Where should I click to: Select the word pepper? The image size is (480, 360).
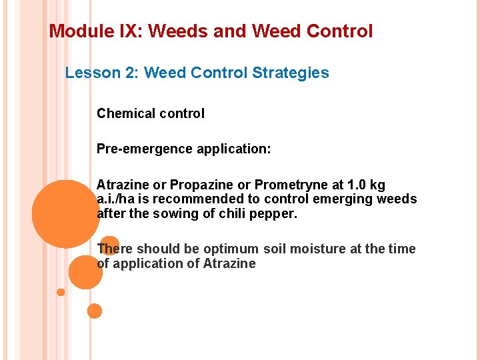(x=274, y=214)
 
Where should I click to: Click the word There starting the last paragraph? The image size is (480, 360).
(x=115, y=249)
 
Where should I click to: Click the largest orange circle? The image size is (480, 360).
(x=65, y=214)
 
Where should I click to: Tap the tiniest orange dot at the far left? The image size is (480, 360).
(x=61, y=292)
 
